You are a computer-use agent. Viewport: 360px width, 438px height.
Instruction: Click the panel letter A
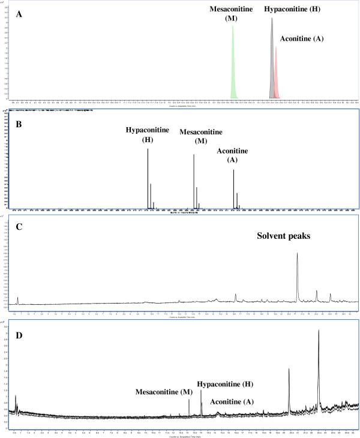(20, 16)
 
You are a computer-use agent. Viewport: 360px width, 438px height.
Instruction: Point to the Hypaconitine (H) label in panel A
(293, 10)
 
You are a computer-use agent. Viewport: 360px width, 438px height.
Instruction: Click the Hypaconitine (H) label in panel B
(148, 134)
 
